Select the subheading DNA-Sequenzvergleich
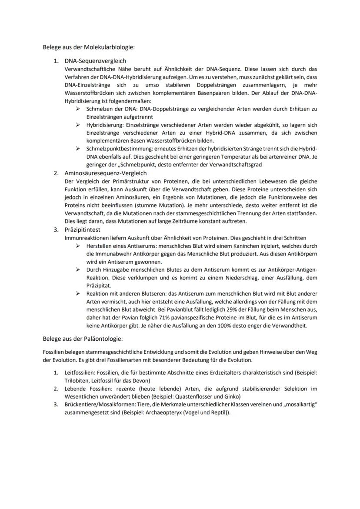(x=95, y=61)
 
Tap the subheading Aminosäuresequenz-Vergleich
(x=105, y=173)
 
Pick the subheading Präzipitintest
(x=82, y=230)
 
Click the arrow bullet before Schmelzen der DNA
(x=77, y=108)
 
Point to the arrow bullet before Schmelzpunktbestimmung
(x=77, y=148)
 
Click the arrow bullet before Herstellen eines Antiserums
(x=77, y=246)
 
